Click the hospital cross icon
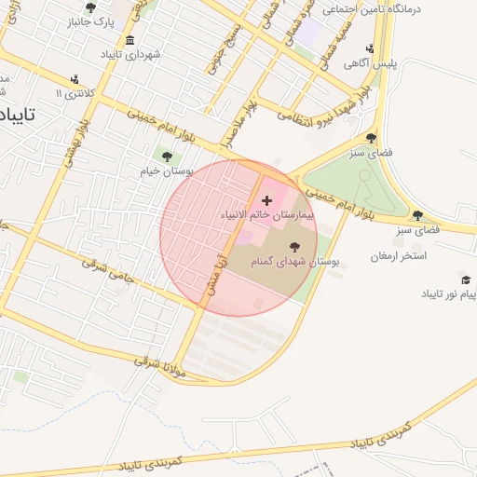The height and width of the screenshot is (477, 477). pos(267,199)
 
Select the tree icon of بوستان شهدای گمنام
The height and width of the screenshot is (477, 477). pos(295,247)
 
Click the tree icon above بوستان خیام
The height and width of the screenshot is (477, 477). pos(167,157)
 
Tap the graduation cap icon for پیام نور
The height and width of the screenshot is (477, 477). pos(465,279)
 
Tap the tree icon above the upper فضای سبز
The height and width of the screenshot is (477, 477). pos(371,137)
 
